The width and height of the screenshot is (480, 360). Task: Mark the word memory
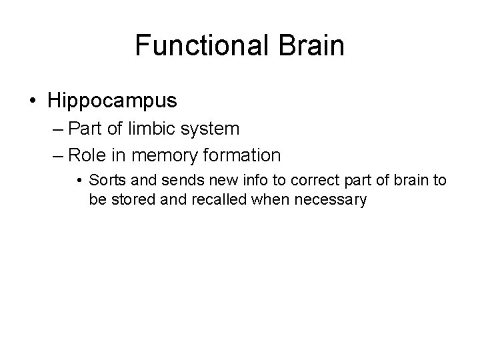point(163,155)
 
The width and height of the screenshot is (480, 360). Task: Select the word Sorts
point(104,180)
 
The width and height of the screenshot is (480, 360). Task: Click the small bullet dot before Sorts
point(79,180)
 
